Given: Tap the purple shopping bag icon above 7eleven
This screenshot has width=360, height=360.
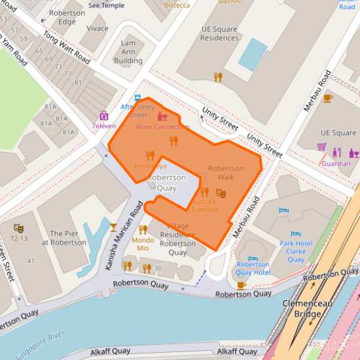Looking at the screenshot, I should click(x=103, y=115).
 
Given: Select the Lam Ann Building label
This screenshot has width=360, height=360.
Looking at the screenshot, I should click(x=128, y=52).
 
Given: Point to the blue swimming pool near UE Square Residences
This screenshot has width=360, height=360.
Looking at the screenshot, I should click(x=252, y=54).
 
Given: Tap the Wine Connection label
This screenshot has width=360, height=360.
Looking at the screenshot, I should click(x=162, y=127).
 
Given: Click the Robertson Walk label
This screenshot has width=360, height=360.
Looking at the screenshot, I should click(x=226, y=173).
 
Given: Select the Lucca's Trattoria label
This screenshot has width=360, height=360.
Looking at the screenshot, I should click(x=205, y=206).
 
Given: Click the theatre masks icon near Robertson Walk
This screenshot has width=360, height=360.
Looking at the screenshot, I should click(x=221, y=193).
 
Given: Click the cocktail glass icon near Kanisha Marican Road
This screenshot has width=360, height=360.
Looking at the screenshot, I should click(x=113, y=227).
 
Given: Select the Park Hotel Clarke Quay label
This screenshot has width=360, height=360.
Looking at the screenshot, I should click(x=297, y=251).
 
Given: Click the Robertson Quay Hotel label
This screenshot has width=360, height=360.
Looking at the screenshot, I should click(x=253, y=268).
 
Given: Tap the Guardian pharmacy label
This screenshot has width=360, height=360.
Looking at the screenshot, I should click(x=336, y=164).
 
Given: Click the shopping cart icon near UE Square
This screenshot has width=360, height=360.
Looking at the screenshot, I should click(x=321, y=147).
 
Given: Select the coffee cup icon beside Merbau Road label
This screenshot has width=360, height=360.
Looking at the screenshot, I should click(x=328, y=98).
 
